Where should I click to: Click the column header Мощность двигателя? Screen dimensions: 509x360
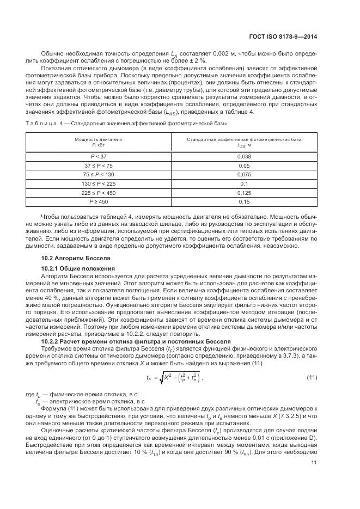[98, 139]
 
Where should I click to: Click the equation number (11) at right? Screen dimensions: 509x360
[312, 377]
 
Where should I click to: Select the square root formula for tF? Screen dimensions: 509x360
[173, 377]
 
